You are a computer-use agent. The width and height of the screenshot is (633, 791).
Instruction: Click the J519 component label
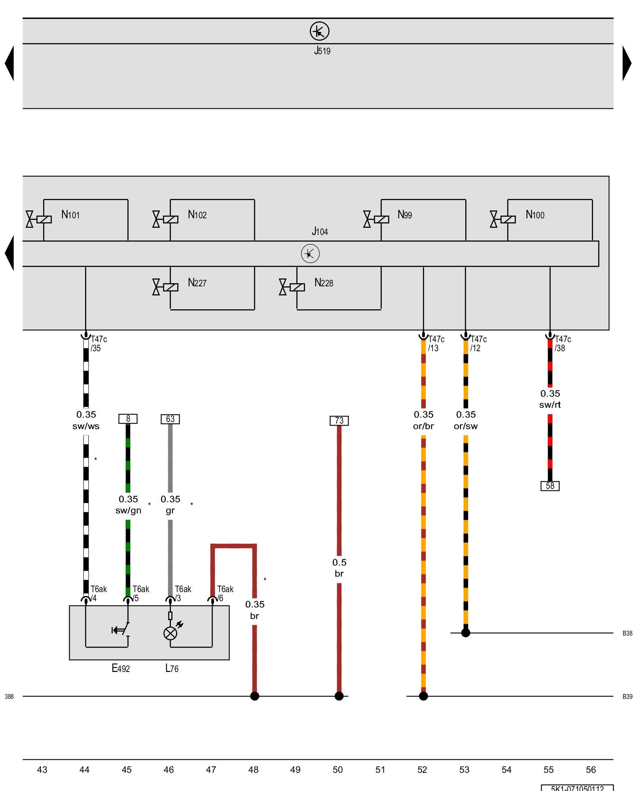pyautogui.click(x=322, y=51)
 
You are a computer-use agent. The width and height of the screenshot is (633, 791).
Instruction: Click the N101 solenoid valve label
pyautogui.click(x=70, y=215)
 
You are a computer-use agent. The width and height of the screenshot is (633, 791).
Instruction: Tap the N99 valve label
pyautogui.click(x=405, y=215)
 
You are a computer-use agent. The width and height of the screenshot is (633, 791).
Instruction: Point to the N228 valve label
pyautogui.click(x=324, y=283)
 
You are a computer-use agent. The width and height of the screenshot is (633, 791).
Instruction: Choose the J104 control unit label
pyautogui.click(x=320, y=231)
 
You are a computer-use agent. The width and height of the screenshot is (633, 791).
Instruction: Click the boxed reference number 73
pyautogui.click(x=339, y=420)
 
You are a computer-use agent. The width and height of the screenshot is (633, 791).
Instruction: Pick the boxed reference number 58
pyautogui.click(x=550, y=486)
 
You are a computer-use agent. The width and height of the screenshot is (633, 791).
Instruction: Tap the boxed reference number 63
pyautogui.click(x=170, y=419)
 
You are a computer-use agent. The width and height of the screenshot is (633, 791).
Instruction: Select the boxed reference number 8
pyautogui.click(x=128, y=418)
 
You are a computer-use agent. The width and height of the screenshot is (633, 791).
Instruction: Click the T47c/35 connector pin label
pyautogui.click(x=98, y=344)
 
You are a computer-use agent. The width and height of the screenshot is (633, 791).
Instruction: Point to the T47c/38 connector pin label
pyautogui.click(x=562, y=344)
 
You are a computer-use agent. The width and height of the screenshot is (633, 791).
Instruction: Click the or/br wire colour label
pyautogui.click(x=423, y=426)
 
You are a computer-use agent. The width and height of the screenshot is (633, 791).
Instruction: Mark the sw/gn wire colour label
pyautogui.click(x=128, y=511)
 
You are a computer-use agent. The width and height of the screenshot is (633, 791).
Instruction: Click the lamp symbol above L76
pyautogui.click(x=171, y=633)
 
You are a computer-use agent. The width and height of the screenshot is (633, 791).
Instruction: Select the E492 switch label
pyautogui.click(x=121, y=668)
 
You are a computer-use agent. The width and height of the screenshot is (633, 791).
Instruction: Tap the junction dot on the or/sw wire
pyautogui.click(x=466, y=633)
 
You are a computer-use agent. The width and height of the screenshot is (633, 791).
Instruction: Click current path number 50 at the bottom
pyautogui.click(x=337, y=770)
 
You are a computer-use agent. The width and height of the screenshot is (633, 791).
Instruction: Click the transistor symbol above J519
pyautogui.click(x=319, y=31)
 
